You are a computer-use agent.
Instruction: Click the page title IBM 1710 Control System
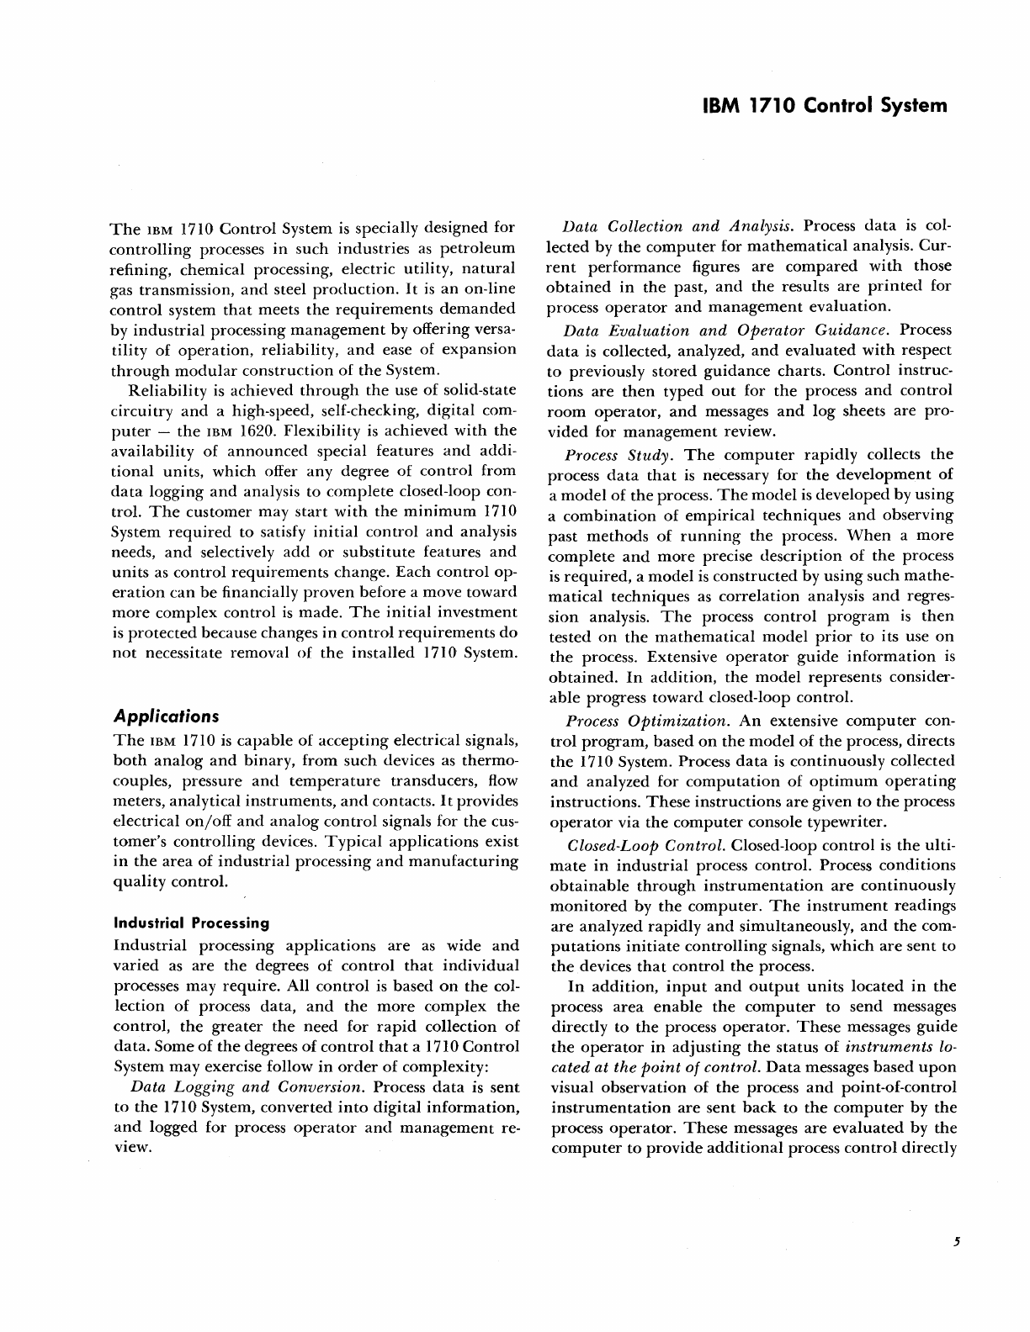pyautogui.click(x=824, y=106)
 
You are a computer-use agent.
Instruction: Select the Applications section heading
pyautogui.click(x=166, y=716)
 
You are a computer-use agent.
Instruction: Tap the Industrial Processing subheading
pyautogui.click(x=191, y=922)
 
